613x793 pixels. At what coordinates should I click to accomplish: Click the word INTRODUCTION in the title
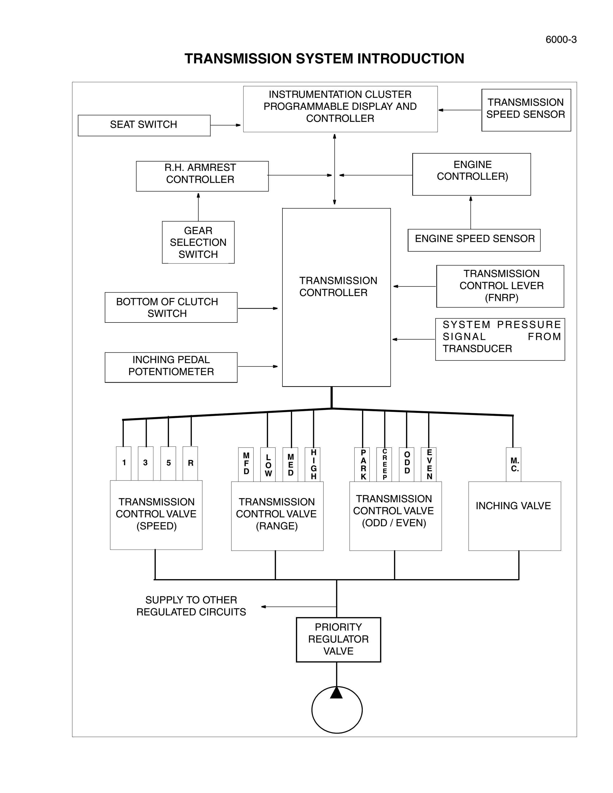pos(411,58)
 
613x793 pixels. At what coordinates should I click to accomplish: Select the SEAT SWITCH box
pos(144,126)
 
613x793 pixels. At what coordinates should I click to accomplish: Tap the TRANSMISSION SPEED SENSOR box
pos(526,110)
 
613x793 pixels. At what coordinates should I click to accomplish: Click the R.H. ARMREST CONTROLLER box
pos(202,176)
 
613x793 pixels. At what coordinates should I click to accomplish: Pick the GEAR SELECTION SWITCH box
pos(198,242)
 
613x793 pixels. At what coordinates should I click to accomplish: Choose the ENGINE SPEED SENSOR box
pos(474,240)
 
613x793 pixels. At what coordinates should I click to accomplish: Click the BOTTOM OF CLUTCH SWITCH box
pos(171,307)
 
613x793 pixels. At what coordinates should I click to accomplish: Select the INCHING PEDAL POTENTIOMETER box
pos(171,367)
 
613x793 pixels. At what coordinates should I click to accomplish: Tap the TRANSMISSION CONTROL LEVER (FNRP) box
pos(500,286)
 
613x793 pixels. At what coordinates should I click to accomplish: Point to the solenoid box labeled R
pos(190,463)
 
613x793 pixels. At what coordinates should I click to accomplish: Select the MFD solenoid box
pos(246,464)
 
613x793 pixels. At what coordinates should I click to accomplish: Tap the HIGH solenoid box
pos(313,464)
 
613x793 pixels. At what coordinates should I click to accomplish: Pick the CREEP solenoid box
pos(384,464)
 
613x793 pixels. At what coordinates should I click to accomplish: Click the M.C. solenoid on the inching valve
pos(514,464)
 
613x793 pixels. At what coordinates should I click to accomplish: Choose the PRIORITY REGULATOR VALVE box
pos(338,639)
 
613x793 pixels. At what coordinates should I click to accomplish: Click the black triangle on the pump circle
pos(336,693)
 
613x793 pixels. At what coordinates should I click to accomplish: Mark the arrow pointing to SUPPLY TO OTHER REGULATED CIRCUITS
pos(299,607)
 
